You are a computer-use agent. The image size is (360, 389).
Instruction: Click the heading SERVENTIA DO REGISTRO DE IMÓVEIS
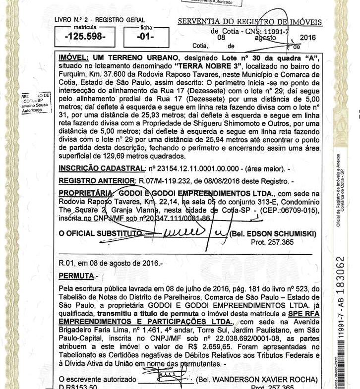tap(249, 22)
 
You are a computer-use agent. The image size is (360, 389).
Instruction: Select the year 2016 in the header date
tap(307, 38)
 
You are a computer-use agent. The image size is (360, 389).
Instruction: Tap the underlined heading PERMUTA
tap(72, 275)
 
